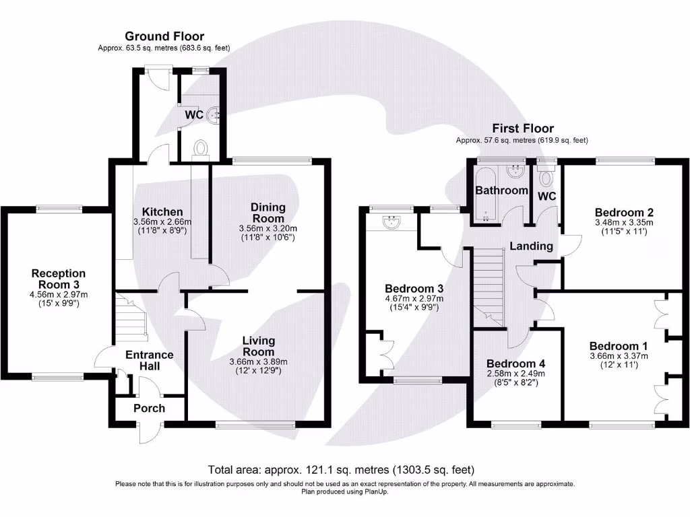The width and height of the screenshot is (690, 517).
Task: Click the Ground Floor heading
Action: pos(164,36)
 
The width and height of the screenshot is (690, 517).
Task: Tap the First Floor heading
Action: pos(523,128)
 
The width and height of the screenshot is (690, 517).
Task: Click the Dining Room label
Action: pos(268,213)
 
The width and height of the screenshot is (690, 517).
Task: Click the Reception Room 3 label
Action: pos(59,279)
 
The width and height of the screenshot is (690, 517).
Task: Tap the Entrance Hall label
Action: pos(150,360)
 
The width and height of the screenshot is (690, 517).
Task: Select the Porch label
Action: pos(149,408)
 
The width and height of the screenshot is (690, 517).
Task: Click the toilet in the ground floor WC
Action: pos(200,147)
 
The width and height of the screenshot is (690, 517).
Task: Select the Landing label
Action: pos(531,246)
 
